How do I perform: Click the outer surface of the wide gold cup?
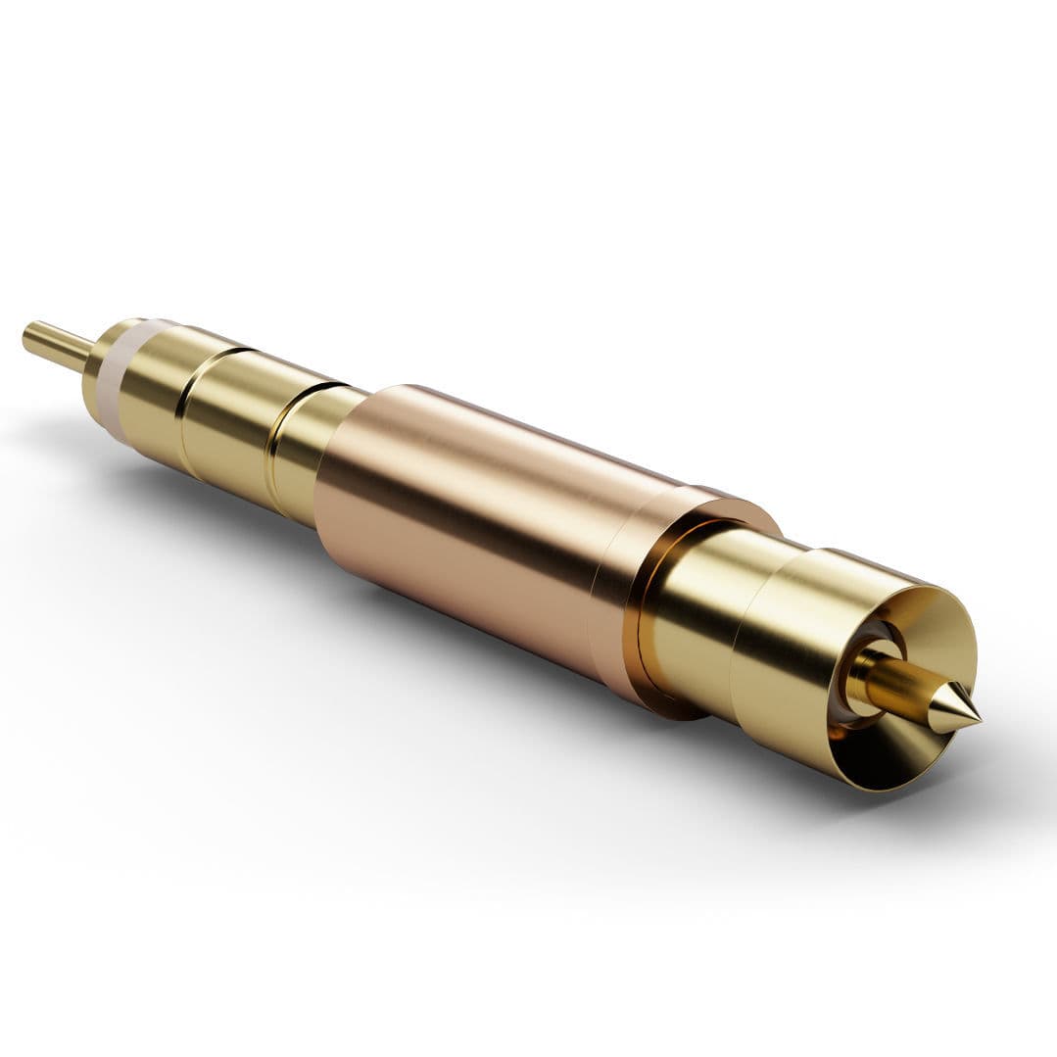tap(784, 666)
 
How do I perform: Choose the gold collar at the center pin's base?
tap(862, 676)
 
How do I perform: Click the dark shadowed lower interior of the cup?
tap(882, 759)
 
